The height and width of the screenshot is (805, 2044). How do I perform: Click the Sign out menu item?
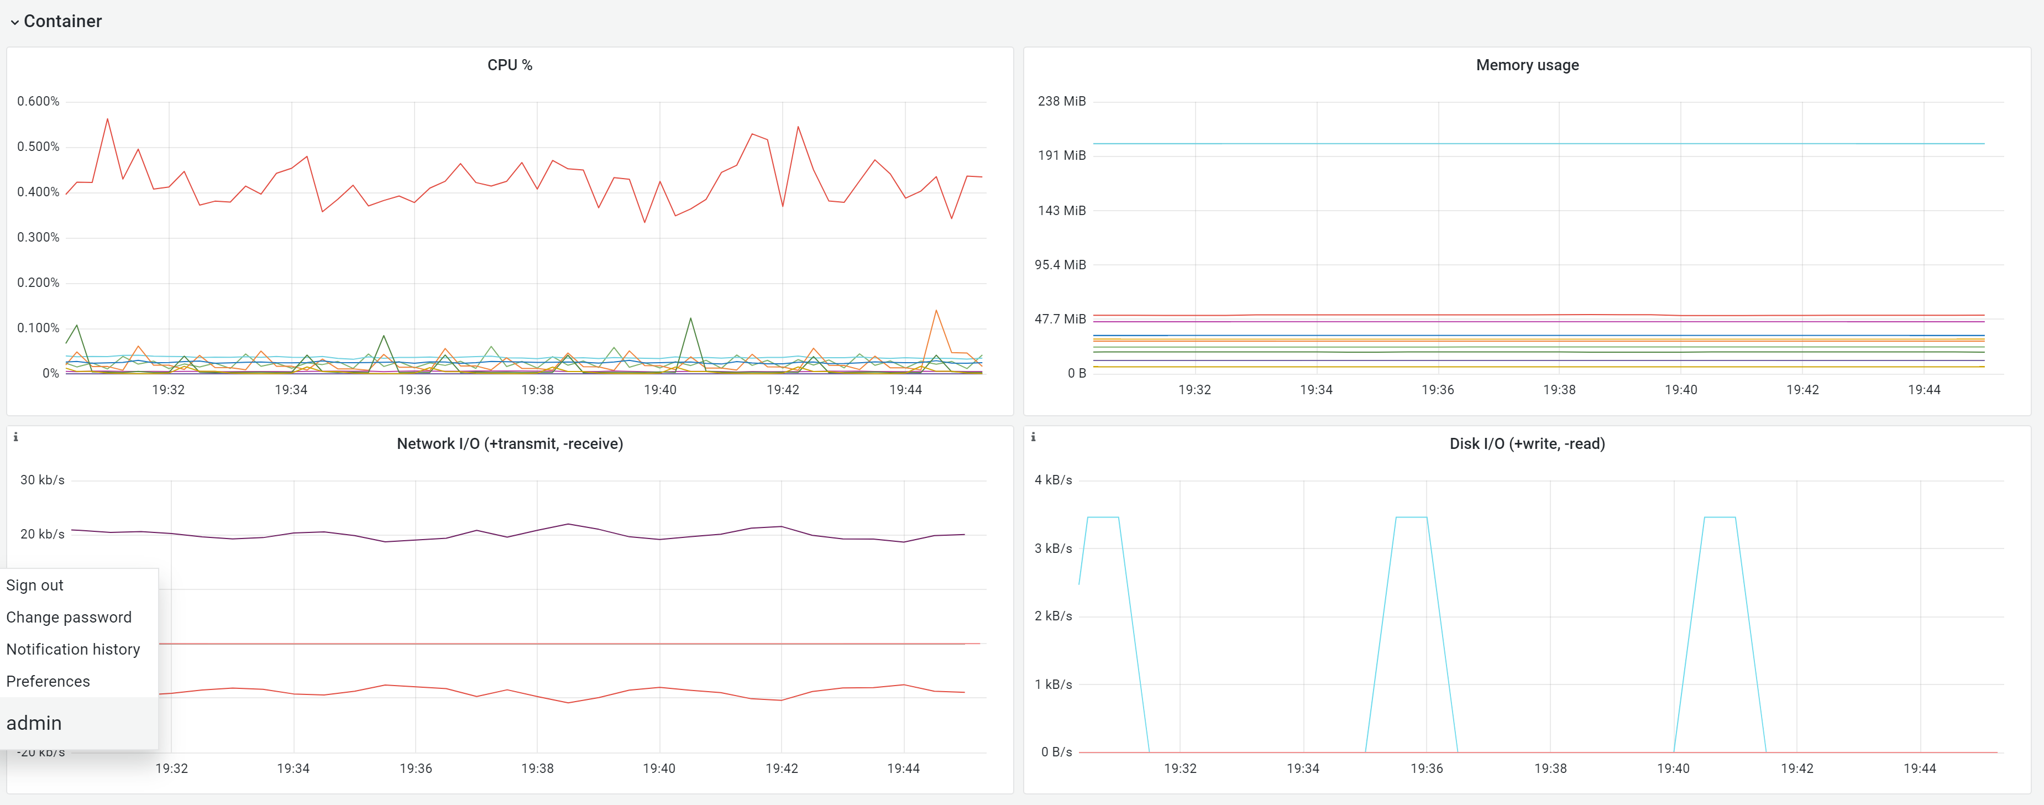coord(35,585)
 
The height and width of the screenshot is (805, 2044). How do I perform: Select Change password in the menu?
coord(69,617)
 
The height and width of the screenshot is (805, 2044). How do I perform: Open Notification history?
coord(73,650)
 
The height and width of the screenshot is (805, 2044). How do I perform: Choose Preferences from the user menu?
coord(49,681)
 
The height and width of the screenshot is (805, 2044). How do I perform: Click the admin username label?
coord(34,723)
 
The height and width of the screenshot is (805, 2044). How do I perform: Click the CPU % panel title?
coord(510,65)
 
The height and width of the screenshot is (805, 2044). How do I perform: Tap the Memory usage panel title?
coord(1527,65)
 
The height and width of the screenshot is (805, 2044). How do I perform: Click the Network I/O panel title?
coord(510,444)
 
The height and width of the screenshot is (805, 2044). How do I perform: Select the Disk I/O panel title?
coord(1527,444)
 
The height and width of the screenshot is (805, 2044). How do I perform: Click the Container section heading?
coord(62,22)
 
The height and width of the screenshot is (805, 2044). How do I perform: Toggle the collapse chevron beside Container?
coord(14,22)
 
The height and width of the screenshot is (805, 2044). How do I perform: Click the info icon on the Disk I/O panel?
coord(1033,437)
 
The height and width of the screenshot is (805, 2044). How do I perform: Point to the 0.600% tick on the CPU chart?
coord(38,102)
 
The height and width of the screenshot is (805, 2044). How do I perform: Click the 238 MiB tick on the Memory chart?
coord(1061,102)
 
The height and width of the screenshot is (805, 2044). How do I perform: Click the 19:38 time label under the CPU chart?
coord(537,390)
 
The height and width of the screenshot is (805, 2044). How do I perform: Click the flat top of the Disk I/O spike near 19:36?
coord(1411,517)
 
